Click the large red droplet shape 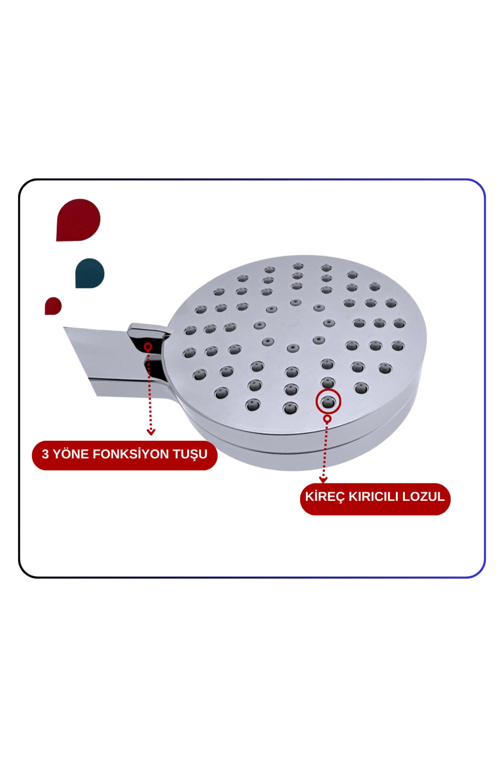[x=78, y=220]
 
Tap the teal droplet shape [x=90, y=273]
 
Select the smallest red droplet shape [x=53, y=306]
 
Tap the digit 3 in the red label [x=45, y=454]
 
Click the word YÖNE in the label [x=71, y=454]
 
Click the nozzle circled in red [x=328, y=402]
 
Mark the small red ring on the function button [x=148, y=347]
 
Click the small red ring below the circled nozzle [x=328, y=419]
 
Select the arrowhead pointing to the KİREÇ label [x=323, y=480]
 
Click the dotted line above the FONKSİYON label [x=149, y=389]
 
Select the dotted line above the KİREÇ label [x=325, y=450]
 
